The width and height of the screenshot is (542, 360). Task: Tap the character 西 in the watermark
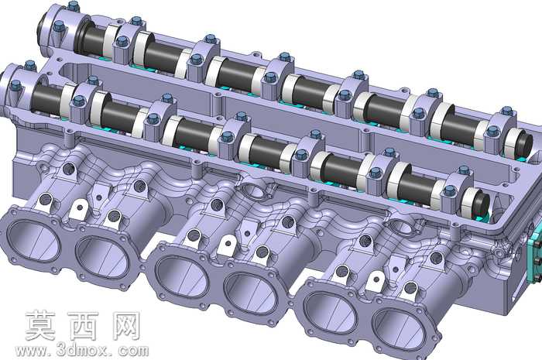click(83, 325)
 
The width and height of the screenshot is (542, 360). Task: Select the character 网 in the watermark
click(125, 325)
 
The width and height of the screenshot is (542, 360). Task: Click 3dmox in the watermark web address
click(84, 351)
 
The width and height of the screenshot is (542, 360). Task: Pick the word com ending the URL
click(133, 351)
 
